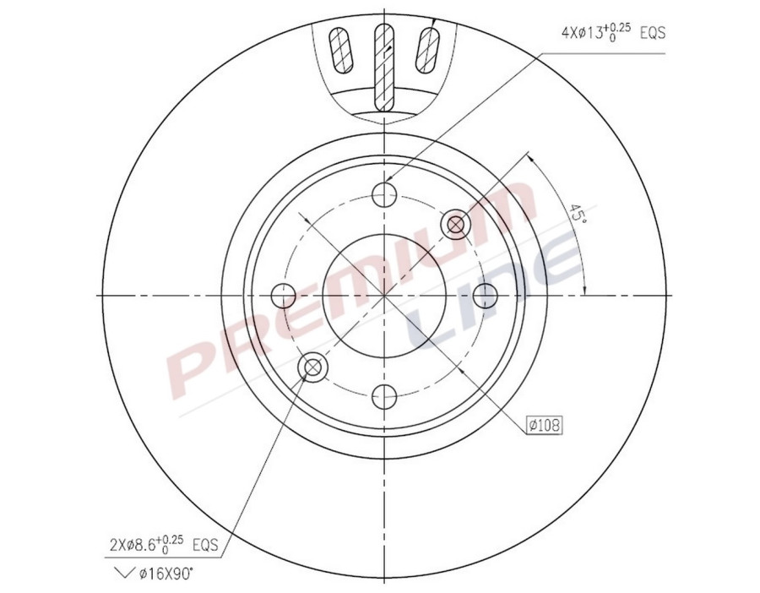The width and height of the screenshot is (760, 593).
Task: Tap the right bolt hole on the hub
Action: tap(486, 296)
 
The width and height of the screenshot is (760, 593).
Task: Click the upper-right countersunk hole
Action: tap(456, 224)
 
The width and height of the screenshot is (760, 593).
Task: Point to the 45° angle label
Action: tap(578, 213)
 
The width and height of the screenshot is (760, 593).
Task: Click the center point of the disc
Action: tap(385, 296)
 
